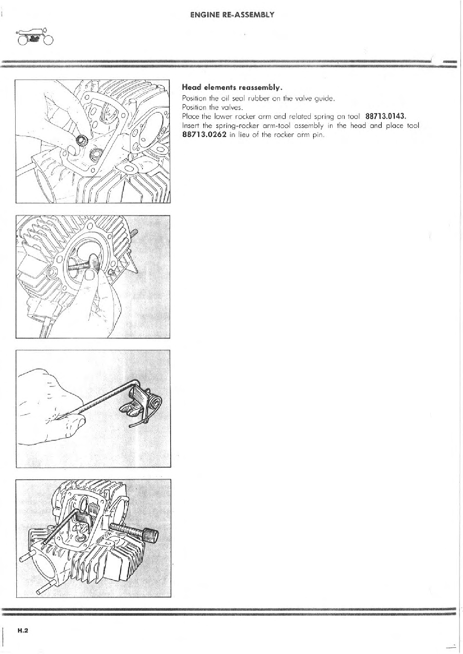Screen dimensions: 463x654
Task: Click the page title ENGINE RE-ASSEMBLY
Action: coord(232,15)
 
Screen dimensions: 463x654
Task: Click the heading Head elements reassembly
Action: coord(232,87)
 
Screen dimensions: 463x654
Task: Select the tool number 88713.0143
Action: coord(386,117)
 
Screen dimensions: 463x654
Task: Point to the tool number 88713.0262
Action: coord(204,135)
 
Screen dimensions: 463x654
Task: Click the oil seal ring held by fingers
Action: coord(80,140)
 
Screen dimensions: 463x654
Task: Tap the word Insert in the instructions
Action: coord(189,126)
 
